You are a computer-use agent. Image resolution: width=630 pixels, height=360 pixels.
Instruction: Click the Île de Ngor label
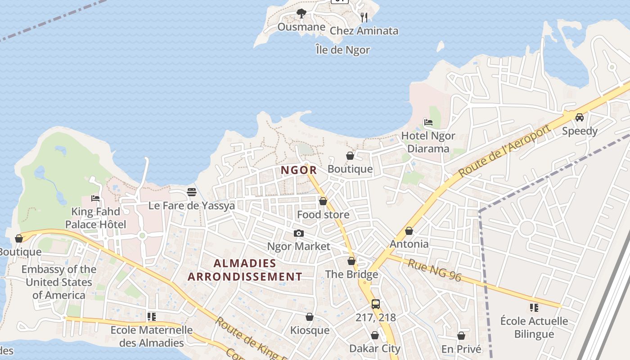pos(342,50)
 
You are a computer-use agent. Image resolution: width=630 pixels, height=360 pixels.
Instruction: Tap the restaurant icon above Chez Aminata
pos(364,18)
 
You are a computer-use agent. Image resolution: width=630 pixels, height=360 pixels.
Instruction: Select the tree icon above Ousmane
pos(301,14)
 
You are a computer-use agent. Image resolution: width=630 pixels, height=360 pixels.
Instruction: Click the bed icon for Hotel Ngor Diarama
pos(428,122)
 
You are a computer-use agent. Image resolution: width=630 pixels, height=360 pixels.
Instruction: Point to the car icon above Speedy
pos(580,117)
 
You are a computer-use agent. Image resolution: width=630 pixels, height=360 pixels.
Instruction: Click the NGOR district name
pos(299,170)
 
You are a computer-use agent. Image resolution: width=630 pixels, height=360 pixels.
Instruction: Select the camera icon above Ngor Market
pos(298,233)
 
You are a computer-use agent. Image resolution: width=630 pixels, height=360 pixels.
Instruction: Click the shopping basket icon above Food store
pos(323,201)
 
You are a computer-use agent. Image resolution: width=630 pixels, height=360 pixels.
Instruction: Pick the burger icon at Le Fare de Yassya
pos(192,192)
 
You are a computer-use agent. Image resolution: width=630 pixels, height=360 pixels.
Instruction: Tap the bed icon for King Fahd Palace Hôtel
pos(95,198)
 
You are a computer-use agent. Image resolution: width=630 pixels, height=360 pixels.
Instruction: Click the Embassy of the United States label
pos(58,282)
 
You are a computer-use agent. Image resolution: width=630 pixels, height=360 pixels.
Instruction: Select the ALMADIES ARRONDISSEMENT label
pos(245,270)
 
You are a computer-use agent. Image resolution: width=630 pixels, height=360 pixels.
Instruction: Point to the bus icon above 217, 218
pos(376,304)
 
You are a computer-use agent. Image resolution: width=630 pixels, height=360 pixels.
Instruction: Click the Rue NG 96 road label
pos(434,270)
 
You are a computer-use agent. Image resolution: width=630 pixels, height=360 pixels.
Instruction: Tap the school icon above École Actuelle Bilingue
pos(534,308)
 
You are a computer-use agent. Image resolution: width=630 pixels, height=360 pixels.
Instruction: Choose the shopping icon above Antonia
pos(409,231)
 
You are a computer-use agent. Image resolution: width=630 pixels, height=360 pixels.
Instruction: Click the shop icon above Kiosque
pos(310,317)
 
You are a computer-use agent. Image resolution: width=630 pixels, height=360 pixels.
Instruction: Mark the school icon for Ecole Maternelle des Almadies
pos(152,317)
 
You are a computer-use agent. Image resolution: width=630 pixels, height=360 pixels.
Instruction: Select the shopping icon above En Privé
pos(461,336)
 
